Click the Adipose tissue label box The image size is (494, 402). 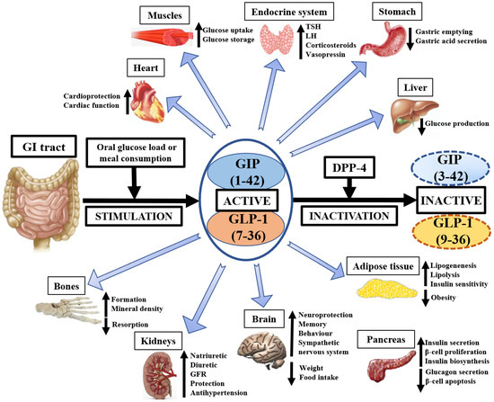tap(378, 267)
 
